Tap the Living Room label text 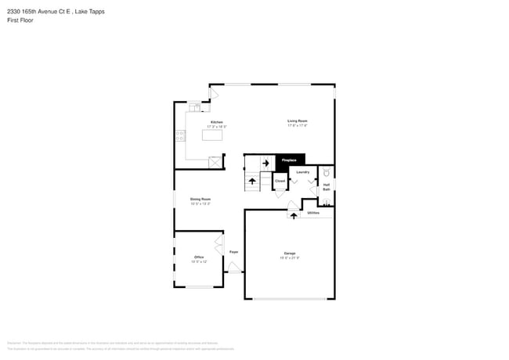tap(297, 121)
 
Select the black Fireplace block tap(290, 160)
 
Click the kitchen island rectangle tap(212, 135)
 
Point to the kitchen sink tap(193, 107)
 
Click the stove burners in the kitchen tap(180, 135)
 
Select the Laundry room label tap(303, 171)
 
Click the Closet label tap(280, 181)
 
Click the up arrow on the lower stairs tap(252, 181)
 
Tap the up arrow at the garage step tap(294, 216)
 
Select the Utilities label tap(313, 212)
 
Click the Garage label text tap(290, 253)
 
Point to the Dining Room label tap(200, 199)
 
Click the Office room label tap(199, 257)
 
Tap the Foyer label tap(233, 251)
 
